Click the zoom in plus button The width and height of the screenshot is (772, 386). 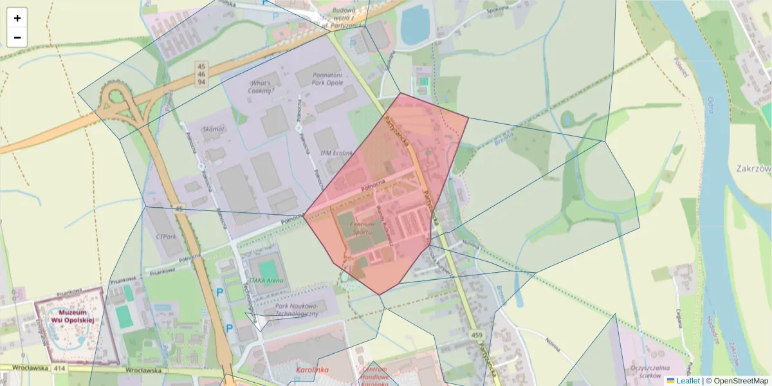pyautogui.click(x=17, y=18)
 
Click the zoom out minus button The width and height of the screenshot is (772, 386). pyautogui.click(x=17, y=37)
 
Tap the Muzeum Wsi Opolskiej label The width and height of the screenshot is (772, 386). pyautogui.click(x=72, y=316)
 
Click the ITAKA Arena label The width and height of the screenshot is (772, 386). pyautogui.click(x=266, y=280)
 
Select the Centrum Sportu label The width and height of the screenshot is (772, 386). pyautogui.click(x=362, y=227)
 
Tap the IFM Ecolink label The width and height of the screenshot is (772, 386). pyautogui.click(x=337, y=153)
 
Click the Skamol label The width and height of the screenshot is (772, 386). pyautogui.click(x=213, y=129)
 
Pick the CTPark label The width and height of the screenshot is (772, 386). pyautogui.click(x=166, y=236)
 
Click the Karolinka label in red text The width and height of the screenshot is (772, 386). pyautogui.click(x=312, y=370)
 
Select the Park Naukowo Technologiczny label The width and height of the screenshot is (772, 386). pyautogui.click(x=297, y=309)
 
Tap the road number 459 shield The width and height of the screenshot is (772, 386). pyautogui.click(x=477, y=335)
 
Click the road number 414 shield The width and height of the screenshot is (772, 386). pyautogui.click(x=60, y=369)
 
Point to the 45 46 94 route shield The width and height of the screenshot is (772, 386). pyautogui.click(x=201, y=74)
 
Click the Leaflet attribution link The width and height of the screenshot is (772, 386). pyautogui.click(x=687, y=381)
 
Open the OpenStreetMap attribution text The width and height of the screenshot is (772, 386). pyautogui.click(x=740, y=381)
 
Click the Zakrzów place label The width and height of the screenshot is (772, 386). pyautogui.click(x=753, y=169)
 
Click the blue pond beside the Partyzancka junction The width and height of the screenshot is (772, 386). pyautogui.click(x=416, y=24)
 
